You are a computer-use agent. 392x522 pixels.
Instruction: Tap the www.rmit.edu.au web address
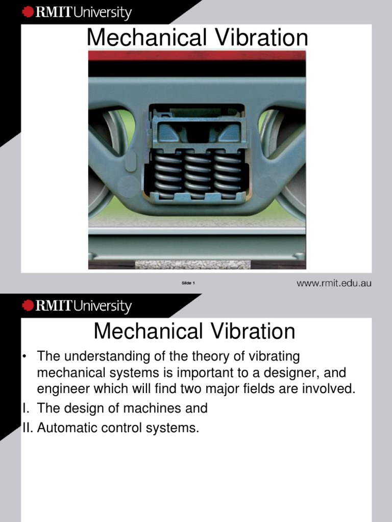pos(334,283)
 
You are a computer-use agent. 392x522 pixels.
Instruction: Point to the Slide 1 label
pos(188,283)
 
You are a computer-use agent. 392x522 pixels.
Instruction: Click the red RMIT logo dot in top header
pos(28,13)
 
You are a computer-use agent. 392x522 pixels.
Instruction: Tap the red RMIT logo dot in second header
pos(28,306)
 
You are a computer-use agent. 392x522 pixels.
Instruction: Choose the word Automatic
pos(68,428)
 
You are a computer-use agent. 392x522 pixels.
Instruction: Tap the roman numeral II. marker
pos(27,428)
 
